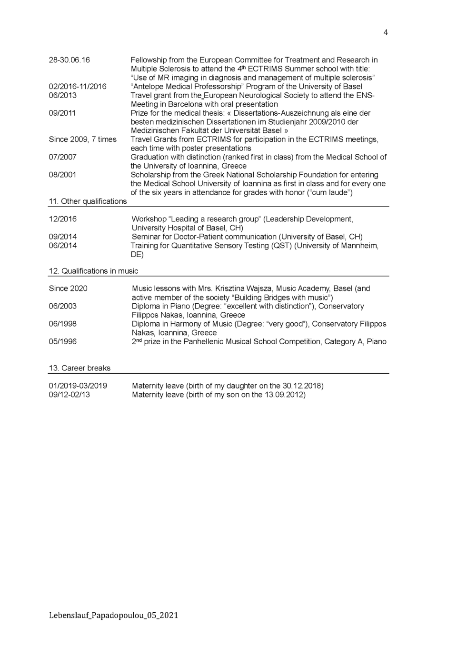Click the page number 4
pyautogui.click(x=386, y=32)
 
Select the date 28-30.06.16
pyautogui.click(x=69, y=60)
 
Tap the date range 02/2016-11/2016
pyautogui.click(x=78, y=87)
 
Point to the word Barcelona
pyautogui.click(x=185, y=104)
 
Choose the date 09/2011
pyautogui.click(x=62, y=113)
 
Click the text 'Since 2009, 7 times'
pyautogui.click(x=82, y=139)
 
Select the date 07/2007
pyautogui.click(x=62, y=157)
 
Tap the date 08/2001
pyautogui.click(x=62, y=175)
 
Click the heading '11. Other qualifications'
pyautogui.click(x=88, y=201)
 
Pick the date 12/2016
pyautogui.click(x=62, y=219)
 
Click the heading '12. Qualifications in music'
pyautogui.click(x=93, y=271)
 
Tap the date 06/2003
pyautogui.click(x=62, y=306)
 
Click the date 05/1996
pyautogui.click(x=62, y=341)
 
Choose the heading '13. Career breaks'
pyautogui.click(x=79, y=368)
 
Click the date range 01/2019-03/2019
pyautogui.click(x=78, y=386)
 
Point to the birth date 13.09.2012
pyautogui.click(x=285, y=395)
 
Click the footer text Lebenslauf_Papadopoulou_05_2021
pyautogui.click(x=113, y=615)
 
